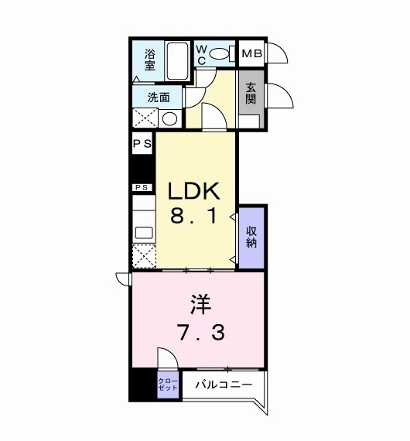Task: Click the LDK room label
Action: (196, 192)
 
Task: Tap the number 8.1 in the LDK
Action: (196, 218)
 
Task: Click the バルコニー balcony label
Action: (223, 385)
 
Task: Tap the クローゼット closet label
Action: (168, 385)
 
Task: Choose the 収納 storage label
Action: (252, 236)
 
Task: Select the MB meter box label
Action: (251, 54)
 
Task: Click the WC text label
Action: (200, 54)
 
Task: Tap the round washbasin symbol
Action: (170, 118)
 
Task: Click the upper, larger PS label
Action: (142, 144)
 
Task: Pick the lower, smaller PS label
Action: (142, 187)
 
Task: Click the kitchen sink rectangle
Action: (143, 231)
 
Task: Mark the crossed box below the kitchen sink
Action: (143, 255)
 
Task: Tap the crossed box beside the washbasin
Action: (145, 118)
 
